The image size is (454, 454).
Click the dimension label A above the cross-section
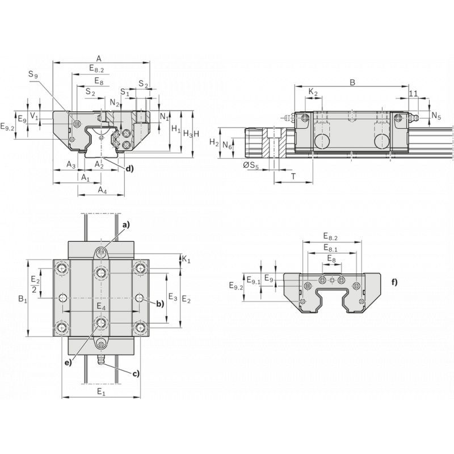99,59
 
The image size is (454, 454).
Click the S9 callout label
33,74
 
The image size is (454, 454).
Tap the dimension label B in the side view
352,82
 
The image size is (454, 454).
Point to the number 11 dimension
414,94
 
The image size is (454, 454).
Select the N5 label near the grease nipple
436,116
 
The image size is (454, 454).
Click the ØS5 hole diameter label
251,165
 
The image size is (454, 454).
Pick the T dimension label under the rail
293,176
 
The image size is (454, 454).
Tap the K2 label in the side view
313,93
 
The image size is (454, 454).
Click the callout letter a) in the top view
126,225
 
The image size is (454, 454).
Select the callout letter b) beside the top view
160,304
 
